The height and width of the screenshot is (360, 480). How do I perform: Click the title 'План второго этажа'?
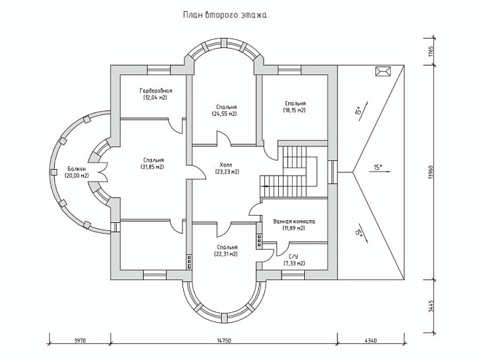(225, 15)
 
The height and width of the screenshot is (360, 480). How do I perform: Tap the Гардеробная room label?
(156, 91)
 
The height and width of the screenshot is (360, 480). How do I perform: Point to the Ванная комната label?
(294, 221)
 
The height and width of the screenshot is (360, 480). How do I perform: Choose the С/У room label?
(294, 256)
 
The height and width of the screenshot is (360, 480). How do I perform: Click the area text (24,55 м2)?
(225, 114)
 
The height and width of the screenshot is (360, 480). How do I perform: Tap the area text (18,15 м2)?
(294, 110)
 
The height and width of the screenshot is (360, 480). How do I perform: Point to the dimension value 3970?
(80, 340)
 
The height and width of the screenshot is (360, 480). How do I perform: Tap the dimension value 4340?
(371, 340)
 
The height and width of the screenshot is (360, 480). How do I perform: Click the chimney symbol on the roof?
(383, 71)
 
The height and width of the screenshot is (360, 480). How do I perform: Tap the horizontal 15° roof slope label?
(377, 167)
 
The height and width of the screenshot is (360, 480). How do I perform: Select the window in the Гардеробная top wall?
(159, 70)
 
